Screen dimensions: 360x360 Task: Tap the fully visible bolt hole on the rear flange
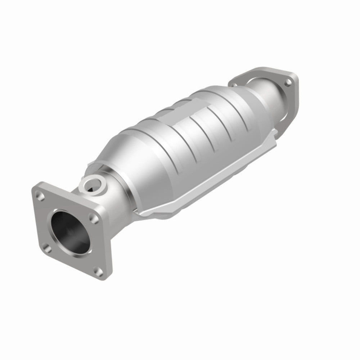point(288,83)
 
